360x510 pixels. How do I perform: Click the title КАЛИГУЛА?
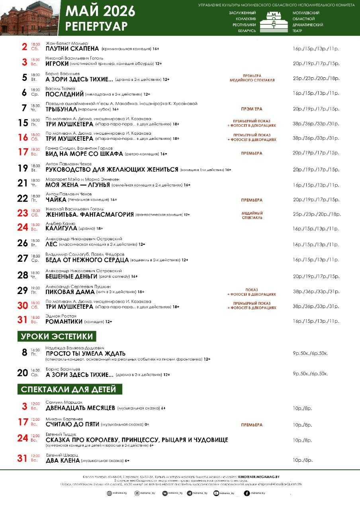pyautogui.click(x=61, y=228)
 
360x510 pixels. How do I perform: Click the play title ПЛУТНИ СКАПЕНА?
pyautogui.click(x=72, y=48)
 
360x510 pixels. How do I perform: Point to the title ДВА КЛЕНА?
pyautogui.click(x=62, y=460)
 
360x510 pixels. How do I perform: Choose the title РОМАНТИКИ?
pyautogui.click(x=64, y=321)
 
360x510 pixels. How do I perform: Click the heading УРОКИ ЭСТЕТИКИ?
pyautogui.click(x=57, y=336)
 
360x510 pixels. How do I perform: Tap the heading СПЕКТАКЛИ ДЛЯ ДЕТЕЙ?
pyautogui.click(x=69, y=389)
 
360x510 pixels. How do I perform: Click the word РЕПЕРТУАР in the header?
pyautogui.click(x=96, y=26)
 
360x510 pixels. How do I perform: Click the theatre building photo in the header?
pyautogui.click(x=29, y=18)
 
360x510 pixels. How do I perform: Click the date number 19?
pyautogui.click(x=23, y=168)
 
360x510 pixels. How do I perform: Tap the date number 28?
pyautogui.click(x=23, y=275)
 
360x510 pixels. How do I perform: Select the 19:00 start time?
pyautogui.click(x=35, y=288)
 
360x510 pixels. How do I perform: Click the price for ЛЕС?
pyautogui.click(x=316, y=244)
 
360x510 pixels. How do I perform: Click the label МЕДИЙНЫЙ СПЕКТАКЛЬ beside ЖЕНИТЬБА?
pyautogui.click(x=252, y=216)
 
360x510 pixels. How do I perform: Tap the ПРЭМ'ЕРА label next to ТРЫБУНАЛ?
pyautogui.click(x=252, y=109)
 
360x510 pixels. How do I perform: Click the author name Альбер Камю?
pyautogui.click(x=60, y=224)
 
